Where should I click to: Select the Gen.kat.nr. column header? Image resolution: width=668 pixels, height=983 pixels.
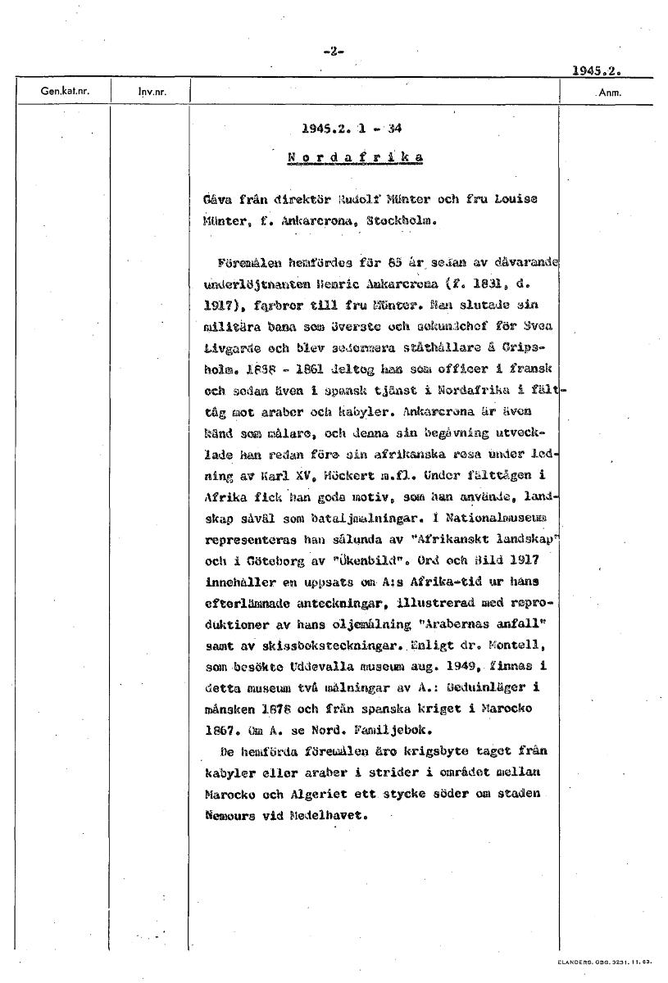point(64,92)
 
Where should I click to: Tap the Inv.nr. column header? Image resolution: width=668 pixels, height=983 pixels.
point(152,93)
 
